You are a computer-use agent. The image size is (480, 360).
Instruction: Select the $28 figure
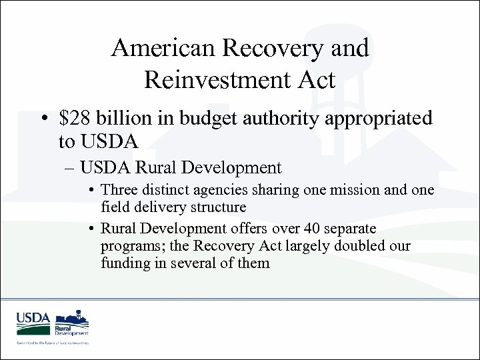point(73,119)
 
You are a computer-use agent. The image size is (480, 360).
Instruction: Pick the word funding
point(123,264)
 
